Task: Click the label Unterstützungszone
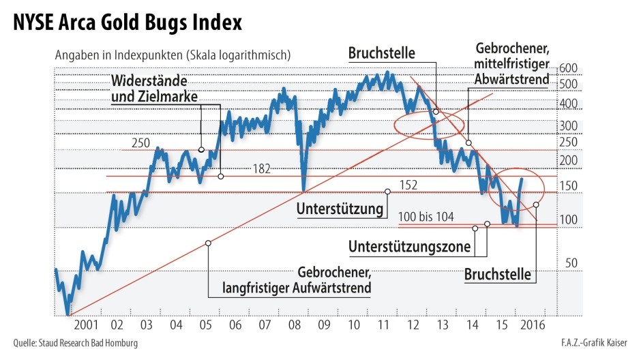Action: (408, 245)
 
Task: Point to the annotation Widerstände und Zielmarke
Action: (154, 89)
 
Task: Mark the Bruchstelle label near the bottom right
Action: (497, 275)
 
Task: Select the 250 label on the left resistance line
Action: (140, 143)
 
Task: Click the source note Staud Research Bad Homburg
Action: (76, 343)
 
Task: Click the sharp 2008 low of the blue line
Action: (303, 190)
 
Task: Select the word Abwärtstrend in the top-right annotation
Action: (511, 80)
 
